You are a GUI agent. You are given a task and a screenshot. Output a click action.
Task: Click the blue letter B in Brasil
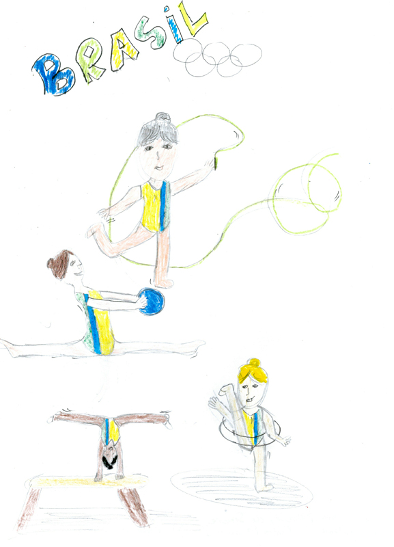53,74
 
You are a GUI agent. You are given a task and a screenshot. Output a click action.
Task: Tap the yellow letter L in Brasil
194,20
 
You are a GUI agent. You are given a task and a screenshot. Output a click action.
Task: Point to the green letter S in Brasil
150,32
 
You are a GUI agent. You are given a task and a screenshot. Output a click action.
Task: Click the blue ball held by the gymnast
151,302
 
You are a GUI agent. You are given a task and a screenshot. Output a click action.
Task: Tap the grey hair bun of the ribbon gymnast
163,117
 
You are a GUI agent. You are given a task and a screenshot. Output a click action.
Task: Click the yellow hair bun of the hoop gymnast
254,363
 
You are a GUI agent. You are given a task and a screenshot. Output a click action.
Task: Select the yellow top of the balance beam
87,482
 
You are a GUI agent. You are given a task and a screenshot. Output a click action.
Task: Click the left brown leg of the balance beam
29,507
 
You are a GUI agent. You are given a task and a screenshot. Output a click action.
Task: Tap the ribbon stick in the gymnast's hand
215,163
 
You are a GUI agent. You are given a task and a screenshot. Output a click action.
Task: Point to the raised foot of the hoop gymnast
225,389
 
